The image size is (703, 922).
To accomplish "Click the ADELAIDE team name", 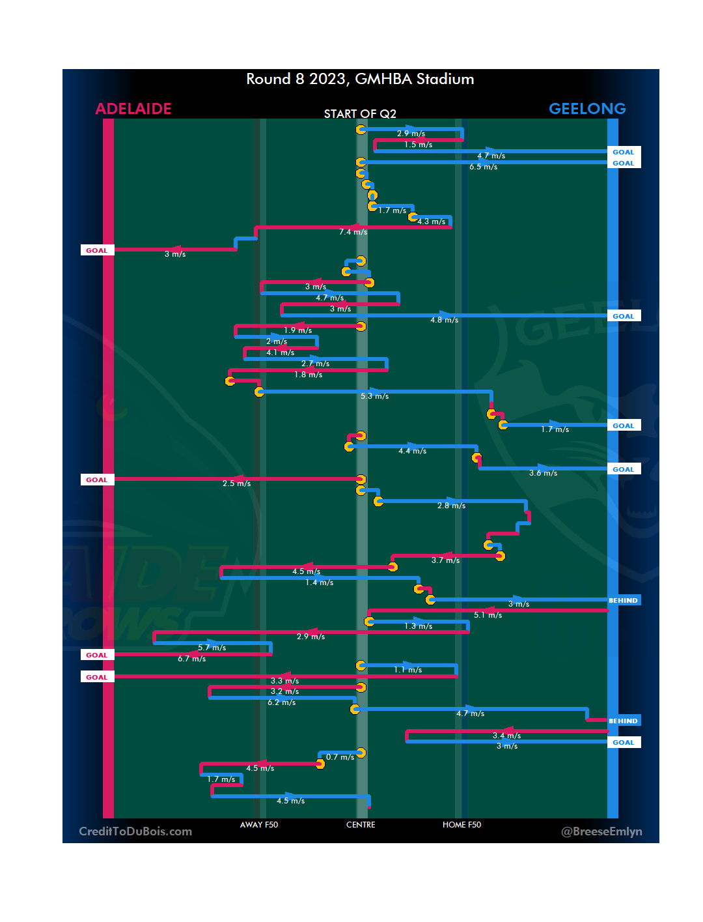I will tap(133, 109).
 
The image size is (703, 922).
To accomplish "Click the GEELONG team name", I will tap(587, 109).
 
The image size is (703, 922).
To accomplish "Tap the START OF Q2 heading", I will tap(360, 114).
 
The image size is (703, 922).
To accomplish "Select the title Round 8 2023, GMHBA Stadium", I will tap(360, 79).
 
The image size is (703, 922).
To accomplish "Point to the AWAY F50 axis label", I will tap(259, 825).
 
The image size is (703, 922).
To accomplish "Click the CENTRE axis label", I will tap(361, 825).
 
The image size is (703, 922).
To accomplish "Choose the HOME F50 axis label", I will tap(462, 825).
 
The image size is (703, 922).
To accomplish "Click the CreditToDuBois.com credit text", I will tap(135, 831).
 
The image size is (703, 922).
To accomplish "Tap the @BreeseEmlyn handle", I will tap(601, 831).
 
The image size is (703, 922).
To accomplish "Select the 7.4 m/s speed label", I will tap(353, 232).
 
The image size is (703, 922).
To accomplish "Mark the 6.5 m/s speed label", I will tap(483, 167).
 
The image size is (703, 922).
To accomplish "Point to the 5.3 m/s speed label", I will tap(374, 396).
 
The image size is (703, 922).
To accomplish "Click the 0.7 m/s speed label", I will tap(340, 757).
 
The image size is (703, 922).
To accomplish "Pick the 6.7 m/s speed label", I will tap(191, 659).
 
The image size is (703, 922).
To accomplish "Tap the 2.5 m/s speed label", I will tap(236, 483).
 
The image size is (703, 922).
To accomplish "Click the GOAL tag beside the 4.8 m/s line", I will tap(623, 316).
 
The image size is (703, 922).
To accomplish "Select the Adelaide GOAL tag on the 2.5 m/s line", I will tap(97, 480).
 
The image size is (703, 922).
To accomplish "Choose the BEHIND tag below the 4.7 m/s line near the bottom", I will tap(623, 721).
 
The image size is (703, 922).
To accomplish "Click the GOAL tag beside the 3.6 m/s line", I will tap(623, 469).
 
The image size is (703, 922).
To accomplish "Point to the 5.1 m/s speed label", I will tap(488, 615).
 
